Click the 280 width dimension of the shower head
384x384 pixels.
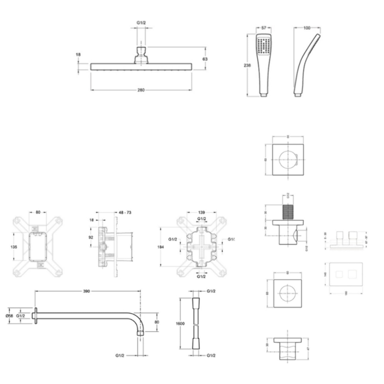(x=141, y=90)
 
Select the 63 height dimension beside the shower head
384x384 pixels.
(x=205, y=59)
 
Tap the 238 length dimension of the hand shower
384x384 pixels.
(x=247, y=65)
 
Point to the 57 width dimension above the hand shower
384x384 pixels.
(x=264, y=28)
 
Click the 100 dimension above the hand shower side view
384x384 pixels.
(x=307, y=28)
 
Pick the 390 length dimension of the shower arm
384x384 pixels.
(x=86, y=291)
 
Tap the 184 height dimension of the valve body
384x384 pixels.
(x=161, y=247)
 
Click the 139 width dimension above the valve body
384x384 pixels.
(x=201, y=213)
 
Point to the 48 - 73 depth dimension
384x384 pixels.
(x=125, y=213)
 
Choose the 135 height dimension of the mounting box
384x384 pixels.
(x=13, y=247)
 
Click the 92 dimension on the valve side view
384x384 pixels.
(x=91, y=237)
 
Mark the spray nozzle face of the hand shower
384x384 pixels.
(x=264, y=46)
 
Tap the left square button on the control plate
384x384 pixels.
(x=339, y=274)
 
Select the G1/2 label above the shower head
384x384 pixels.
(x=141, y=23)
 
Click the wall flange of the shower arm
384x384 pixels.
(x=36, y=316)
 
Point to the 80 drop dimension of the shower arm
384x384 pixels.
(x=157, y=322)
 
